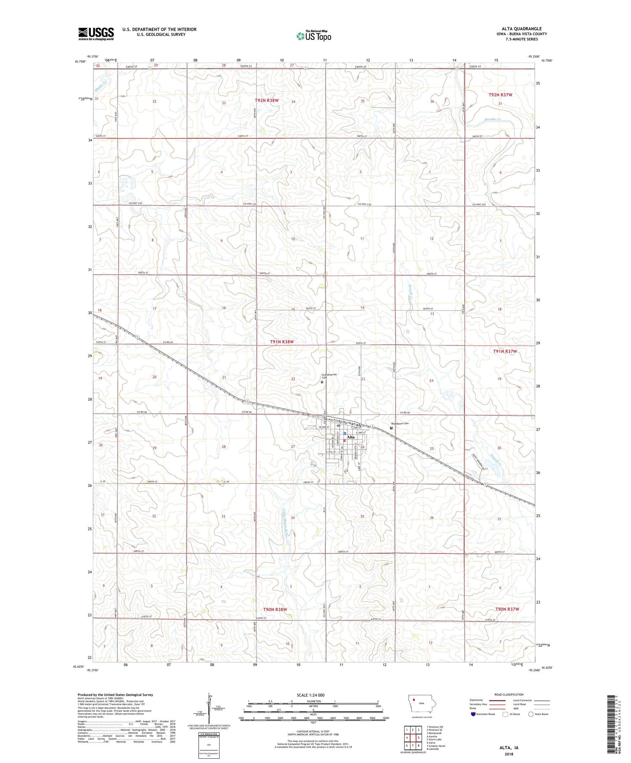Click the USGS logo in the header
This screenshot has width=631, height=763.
pos(96,34)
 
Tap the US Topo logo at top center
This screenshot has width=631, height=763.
pos(314,36)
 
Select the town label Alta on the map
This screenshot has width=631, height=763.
pos(350,437)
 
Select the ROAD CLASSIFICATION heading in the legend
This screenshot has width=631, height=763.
pos(509,694)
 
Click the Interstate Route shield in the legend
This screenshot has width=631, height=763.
pos(473,714)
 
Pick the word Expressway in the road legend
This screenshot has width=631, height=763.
pos(478,700)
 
